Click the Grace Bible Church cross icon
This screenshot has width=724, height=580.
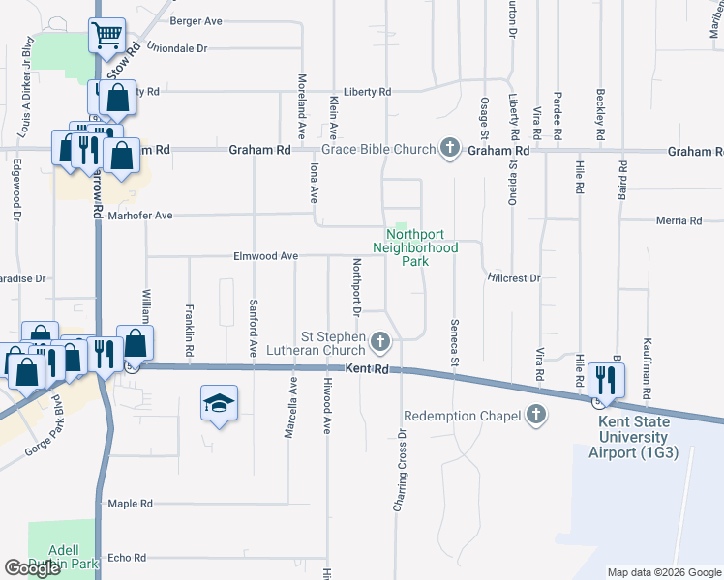(449, 149)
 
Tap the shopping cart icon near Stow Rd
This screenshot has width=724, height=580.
(107, 37)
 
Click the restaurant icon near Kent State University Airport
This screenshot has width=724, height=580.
(606, 379)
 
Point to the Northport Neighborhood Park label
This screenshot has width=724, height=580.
(421, 247)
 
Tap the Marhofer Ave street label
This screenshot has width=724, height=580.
(139, 216)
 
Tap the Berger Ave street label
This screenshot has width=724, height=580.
(196, 20)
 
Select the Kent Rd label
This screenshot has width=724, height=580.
(368, 369)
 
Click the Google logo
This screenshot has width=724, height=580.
(33, 568)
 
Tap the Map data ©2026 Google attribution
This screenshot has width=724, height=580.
(663, 572)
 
